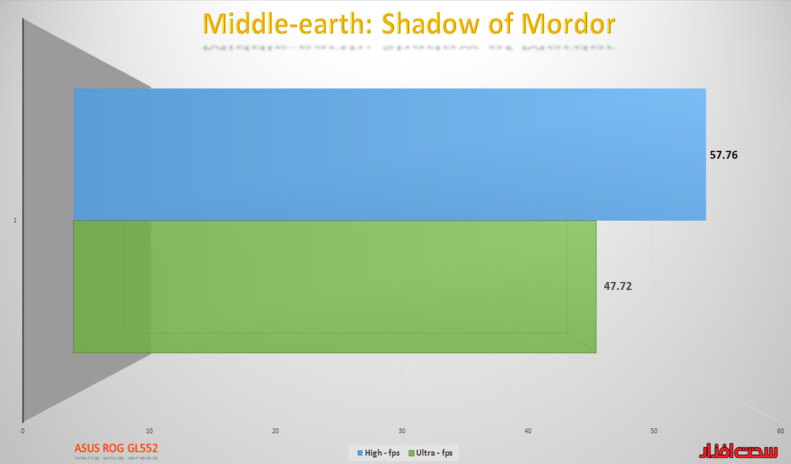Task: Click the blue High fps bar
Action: point(389,155)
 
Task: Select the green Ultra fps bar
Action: point(335,287)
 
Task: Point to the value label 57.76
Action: point(724,155)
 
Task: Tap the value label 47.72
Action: point(617,286)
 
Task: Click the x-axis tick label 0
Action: point(23,431)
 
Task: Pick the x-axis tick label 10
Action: point(150,431)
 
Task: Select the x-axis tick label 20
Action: point(276,431)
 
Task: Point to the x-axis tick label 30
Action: point(402,431)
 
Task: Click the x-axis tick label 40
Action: point(528,431)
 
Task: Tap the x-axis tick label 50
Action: point(654,431)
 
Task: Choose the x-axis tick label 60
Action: point(780,431)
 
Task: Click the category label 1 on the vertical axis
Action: point(15,220)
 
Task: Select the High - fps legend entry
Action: point(379,453)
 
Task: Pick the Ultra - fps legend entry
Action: point(431,453)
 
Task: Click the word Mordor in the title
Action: point(568,24)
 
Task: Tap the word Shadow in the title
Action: point(430,24)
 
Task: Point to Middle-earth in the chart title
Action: point(287,24)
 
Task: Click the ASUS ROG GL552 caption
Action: point(116,449)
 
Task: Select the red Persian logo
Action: point(738,450)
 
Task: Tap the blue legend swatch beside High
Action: point(360,453)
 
